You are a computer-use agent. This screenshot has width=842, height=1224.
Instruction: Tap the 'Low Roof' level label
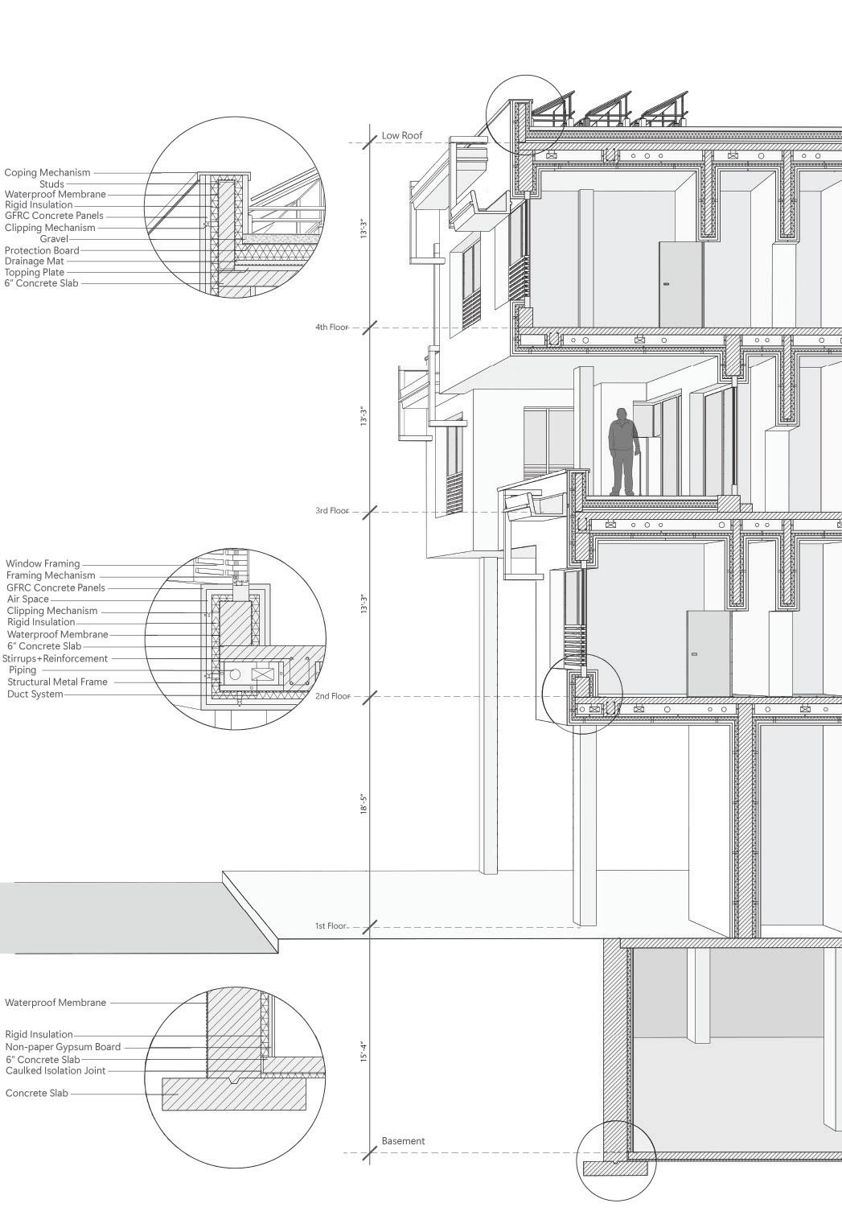click(x=401, y=135)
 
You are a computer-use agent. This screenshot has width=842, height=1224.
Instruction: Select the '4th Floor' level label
click(x=331, y=328)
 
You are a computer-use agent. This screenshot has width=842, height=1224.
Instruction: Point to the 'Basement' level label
click(x=403, y=1140)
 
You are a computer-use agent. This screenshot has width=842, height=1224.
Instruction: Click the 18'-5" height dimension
click(x=363, y=805)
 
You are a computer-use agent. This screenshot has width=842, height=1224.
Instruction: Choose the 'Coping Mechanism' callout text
click(x=47, y=172)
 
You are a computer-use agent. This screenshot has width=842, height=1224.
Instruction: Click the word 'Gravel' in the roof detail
click(x=54, y=239)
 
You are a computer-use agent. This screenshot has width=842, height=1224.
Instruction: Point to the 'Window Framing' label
click(x=43, y=564)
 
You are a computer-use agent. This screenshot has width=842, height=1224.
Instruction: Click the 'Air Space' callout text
click(x=28, y=600)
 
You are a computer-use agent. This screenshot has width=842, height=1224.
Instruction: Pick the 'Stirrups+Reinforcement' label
click(x=55, y=658)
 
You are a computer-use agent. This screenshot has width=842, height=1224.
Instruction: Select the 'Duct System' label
click(x=35, y=694)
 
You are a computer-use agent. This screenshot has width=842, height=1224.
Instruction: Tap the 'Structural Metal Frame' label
click(x=57, y=682)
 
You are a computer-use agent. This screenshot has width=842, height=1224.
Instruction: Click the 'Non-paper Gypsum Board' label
click(x=63, y=1047)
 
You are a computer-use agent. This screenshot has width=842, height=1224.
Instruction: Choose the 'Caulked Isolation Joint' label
click(x=55, y=1070)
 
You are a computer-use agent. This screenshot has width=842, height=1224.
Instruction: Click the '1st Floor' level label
click(x=331, y=926)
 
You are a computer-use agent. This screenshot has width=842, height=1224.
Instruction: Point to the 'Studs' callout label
click(x=51, y=184)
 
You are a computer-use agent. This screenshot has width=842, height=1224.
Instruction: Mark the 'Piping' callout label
click(x=23, y=670)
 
